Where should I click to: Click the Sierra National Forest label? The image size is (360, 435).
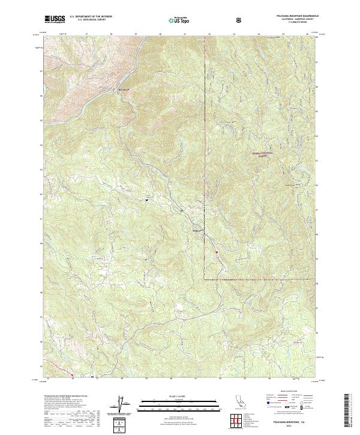pyautogui.click(x=261, y=154)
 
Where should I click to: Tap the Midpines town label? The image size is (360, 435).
pyautogui.click(x=196, y=230)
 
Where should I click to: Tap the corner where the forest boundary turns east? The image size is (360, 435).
pyautogui.click(x=205, y=279)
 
